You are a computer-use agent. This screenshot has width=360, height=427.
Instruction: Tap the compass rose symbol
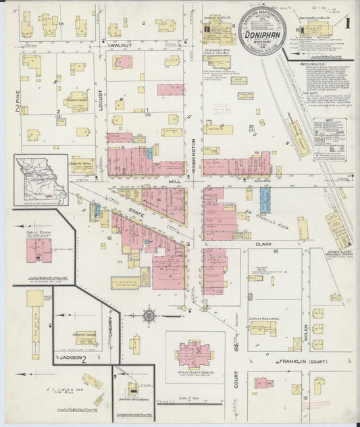(149, 316)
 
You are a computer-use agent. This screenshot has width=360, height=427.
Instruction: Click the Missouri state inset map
(41, 179)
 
